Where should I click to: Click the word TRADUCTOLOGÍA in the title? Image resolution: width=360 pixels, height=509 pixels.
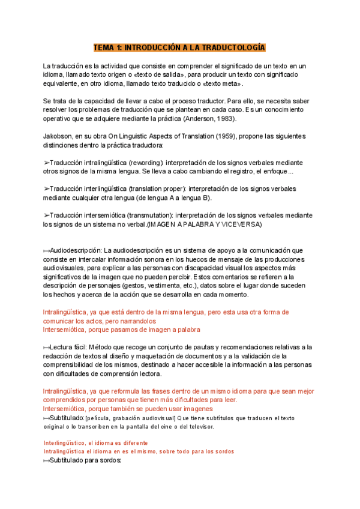235,47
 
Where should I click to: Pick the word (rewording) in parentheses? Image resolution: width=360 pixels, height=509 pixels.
143,163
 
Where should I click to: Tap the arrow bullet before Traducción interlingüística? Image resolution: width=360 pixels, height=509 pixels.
47,189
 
